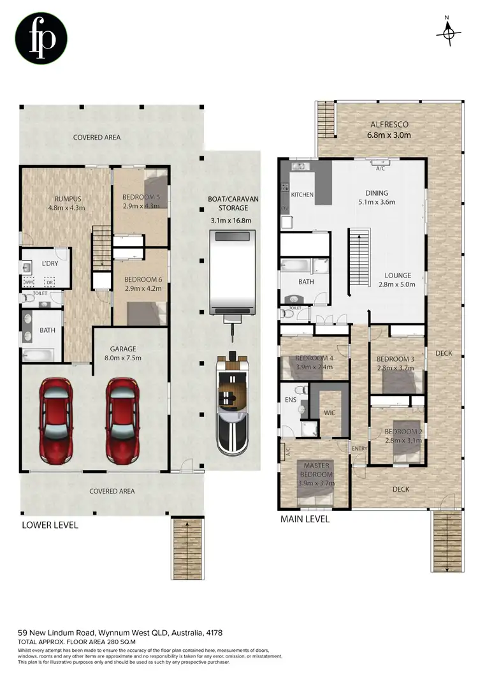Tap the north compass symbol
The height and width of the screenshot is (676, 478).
pos(450,31)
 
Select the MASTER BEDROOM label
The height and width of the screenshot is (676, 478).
pos(316,470)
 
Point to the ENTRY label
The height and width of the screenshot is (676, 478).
pos(359,449)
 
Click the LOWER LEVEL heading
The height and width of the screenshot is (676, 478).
pos(50,525)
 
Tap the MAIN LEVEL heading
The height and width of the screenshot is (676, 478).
pos(305,519)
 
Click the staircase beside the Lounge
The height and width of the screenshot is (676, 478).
pos(358,261)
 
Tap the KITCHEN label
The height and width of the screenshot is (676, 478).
pos(302,194)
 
